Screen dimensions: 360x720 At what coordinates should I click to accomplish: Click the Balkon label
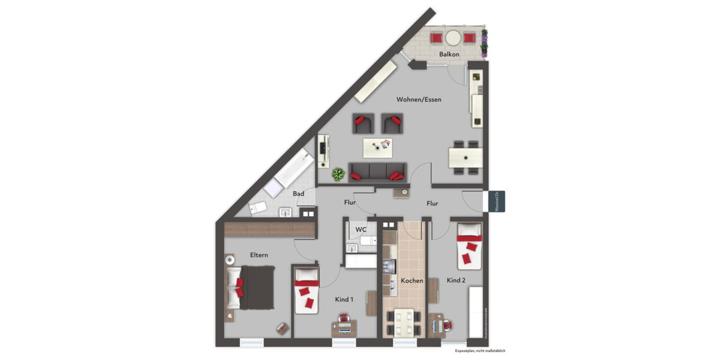coord(449,55)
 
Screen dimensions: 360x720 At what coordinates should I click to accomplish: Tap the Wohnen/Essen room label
coord(419,100)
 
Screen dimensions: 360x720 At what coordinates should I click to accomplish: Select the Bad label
coord(298,194)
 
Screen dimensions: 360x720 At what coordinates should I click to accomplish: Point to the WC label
coord(361,230)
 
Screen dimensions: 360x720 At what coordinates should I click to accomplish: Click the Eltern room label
coord(259,255)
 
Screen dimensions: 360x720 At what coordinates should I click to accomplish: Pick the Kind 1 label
coord(344,299)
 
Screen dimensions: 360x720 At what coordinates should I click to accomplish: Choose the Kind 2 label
coord(456,280)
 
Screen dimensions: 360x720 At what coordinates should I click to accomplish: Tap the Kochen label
coord(412,280)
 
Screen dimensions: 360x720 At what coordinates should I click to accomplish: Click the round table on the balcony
coord(453,38)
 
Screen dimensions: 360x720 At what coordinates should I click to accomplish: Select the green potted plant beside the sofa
coord(338,175)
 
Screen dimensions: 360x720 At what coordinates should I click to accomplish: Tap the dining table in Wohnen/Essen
coord(466,158)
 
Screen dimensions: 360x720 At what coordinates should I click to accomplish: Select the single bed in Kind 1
coord(307,289)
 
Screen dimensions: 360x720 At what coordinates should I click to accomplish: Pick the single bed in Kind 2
coord(470,245)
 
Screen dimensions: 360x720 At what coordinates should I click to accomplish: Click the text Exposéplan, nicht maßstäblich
coord(479,350)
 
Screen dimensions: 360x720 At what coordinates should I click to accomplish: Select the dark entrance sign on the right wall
coord(497,201)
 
